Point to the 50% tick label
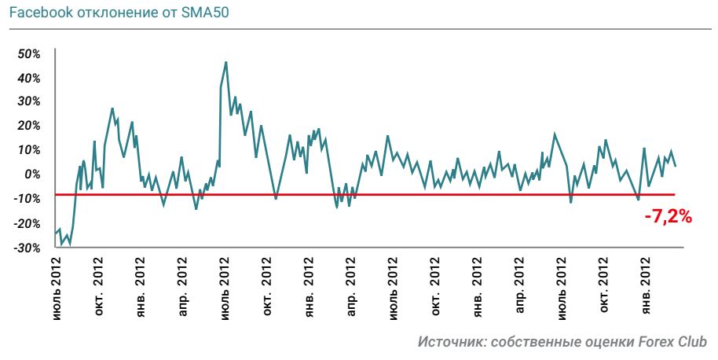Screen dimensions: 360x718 coord(29,53)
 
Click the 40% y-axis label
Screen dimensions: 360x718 coord(29,78)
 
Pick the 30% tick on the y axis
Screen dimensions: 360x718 coord(29,101)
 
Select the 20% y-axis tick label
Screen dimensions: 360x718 coord(29,126)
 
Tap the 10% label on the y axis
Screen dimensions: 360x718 coord(29,150)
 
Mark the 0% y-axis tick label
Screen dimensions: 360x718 coord(32,174)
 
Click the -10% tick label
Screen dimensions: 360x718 coord(27,198)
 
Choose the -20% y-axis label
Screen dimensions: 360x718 coord(27,223)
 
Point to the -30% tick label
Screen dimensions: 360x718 coord(27,248)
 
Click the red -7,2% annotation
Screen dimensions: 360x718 coord(668,217)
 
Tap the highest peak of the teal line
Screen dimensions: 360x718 coord(226,62)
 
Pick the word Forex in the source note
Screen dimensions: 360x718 coord(658,342)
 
